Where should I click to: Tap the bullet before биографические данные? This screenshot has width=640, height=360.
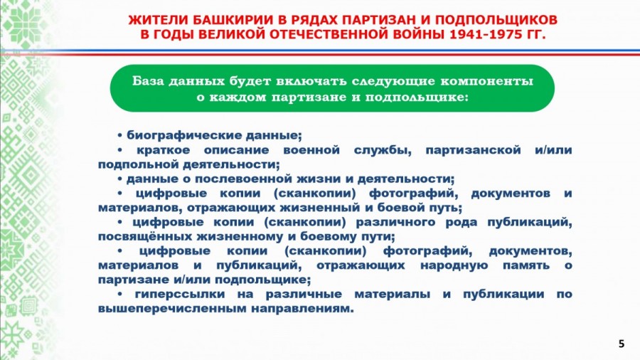point(120,135)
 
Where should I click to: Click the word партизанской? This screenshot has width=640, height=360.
point(473,150)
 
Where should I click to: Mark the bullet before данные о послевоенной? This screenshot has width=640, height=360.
point(120,179)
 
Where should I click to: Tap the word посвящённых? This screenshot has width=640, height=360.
point(145,237)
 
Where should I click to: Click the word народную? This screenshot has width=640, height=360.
point(454,265)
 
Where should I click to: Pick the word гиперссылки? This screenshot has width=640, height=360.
point(180,294)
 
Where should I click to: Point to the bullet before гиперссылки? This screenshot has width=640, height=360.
point(120,294)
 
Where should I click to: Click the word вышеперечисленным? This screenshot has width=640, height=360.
point(172,309)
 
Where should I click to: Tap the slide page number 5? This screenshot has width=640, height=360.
point(622,344)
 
